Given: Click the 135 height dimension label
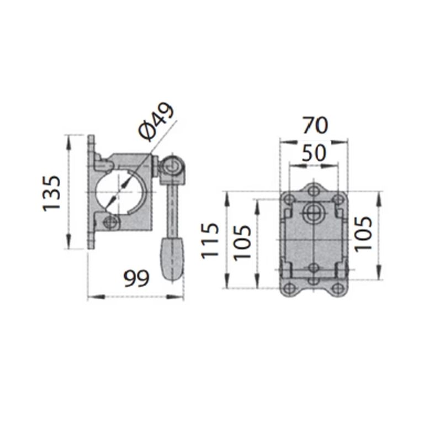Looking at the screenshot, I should click(51, 193).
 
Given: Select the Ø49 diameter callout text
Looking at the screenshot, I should click(156, 121).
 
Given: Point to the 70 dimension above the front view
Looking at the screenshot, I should click(314, 125).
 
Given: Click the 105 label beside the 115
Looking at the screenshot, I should click(243, 242).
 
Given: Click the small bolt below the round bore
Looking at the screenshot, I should click(110, 223).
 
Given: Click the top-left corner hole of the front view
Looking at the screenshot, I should click(289, 198).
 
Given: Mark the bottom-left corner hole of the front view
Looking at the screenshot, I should click(289, 289).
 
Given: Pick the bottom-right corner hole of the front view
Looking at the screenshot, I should click(337, 289).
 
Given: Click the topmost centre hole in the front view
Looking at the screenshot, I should click(314, 191).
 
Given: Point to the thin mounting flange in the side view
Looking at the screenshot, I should click(91, 193).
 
